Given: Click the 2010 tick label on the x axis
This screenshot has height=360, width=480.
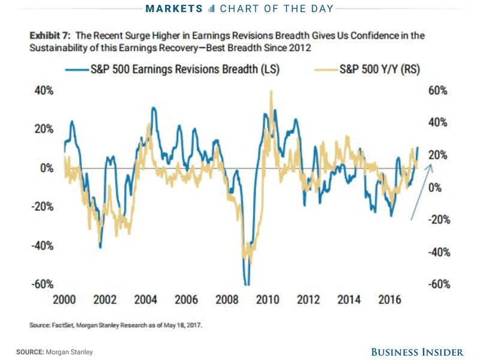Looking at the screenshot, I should tap(268, 300).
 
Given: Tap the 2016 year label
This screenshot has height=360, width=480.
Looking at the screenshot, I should tap(390, 300).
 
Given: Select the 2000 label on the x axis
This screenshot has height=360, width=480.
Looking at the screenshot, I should tap(64, 300).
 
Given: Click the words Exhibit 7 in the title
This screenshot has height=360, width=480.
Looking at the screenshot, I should tap(52, 36).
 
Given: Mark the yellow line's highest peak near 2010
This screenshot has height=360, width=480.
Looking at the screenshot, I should tap(272, 91).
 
